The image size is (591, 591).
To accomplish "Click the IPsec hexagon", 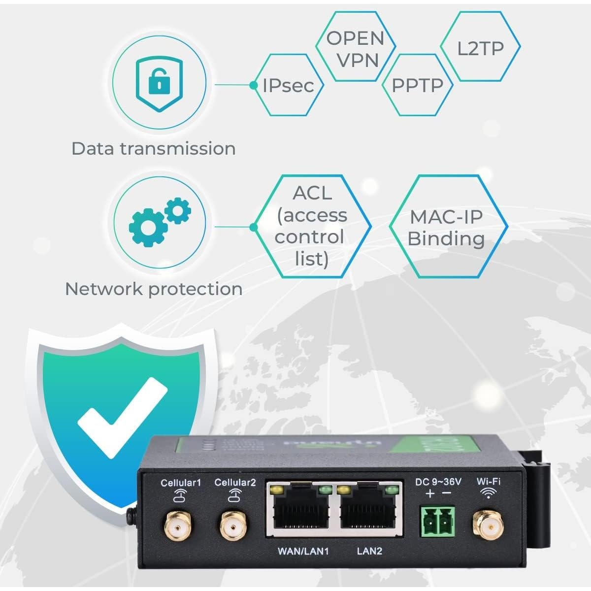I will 288,85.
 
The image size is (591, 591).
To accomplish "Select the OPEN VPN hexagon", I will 355,49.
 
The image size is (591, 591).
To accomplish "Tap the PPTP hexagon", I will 417,85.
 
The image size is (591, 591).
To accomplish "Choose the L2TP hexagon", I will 480,48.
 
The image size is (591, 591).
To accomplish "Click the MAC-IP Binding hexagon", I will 447,227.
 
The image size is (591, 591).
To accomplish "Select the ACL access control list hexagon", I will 311,226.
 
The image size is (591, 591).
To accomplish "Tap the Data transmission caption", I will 153,148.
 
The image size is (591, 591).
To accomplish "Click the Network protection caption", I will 154,289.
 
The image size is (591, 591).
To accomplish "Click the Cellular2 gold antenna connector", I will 234,524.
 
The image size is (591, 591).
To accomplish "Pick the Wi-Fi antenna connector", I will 488,525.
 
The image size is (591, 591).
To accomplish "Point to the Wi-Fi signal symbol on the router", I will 489,493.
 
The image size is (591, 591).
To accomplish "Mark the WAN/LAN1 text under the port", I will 303,551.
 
